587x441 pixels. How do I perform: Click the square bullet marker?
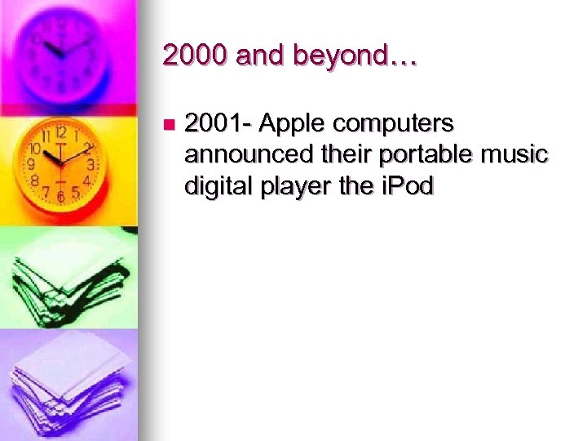pyautogui.click(x=168, y=125)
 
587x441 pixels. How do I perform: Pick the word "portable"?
pyautogui.click(x=426, y=155)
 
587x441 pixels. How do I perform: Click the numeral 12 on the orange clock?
pyautogui.click(x=60, y=132)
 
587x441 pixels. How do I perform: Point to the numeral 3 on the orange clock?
pyautogui.click(x=90, y=164)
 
